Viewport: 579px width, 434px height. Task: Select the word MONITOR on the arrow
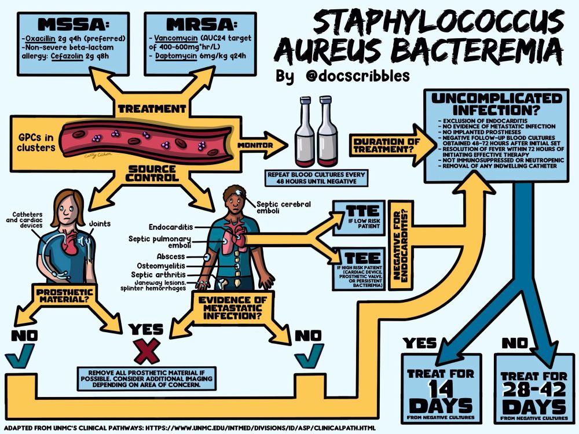[254, 145]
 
